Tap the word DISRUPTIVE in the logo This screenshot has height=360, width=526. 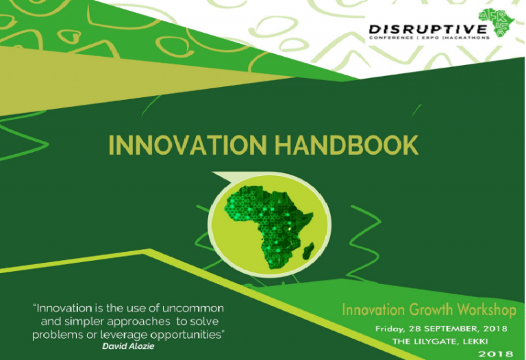click(x=428, y=29)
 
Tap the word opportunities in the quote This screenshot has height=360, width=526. click(x=188, y=334)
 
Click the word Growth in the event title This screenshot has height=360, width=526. click(x=421, y=310)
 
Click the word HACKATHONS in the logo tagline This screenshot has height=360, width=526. click(x=469, y=38)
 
